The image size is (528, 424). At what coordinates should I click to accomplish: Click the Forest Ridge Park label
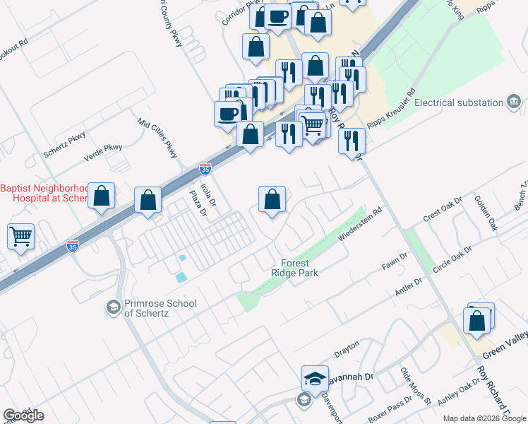(x=295, y=267)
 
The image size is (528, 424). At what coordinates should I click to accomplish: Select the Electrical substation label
(x=458, y=102)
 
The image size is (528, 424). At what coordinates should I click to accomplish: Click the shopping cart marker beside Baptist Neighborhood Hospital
(x=20, y=236)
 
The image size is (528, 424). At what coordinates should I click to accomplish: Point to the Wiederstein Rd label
(x=363, y=223)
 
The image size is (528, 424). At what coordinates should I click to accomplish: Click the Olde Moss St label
(x=416, y=384)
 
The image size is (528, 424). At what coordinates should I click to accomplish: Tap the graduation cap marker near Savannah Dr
(x=315, y=378)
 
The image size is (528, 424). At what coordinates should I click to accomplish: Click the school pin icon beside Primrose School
(x=112, y=307)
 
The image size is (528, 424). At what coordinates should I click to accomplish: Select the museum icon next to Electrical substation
(x=513, y=103)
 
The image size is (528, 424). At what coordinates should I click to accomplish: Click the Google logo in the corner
(x=23, y=416)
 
